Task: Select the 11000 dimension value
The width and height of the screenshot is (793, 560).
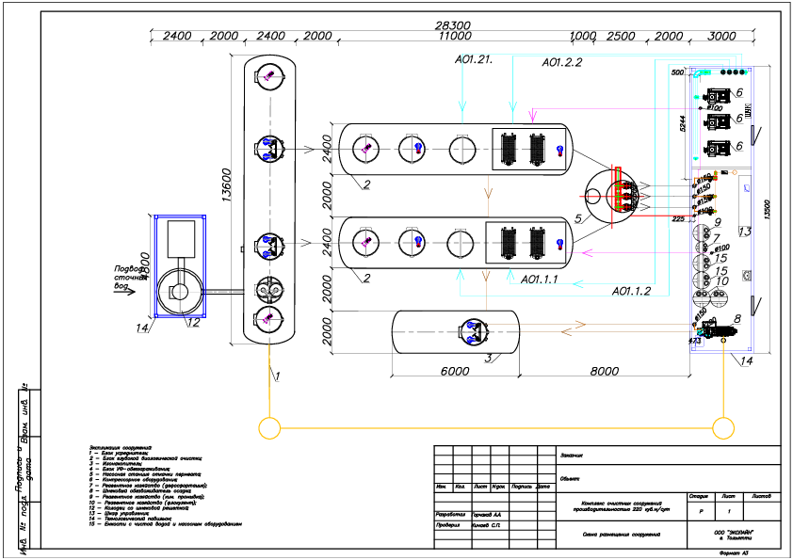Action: (455, 37)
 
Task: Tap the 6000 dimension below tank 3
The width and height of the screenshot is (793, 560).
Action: (454, 372)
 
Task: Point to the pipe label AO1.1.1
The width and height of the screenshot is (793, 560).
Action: (540, 280)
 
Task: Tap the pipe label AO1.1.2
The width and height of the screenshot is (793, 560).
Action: (631, 291)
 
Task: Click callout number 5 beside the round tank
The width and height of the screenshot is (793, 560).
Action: (579, 219)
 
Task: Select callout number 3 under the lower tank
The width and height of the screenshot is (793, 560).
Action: (488, 358)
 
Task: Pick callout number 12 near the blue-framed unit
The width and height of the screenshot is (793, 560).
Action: (192, 323)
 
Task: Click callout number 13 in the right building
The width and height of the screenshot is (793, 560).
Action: (744, 232)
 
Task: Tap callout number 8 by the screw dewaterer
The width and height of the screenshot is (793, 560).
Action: (737, 319)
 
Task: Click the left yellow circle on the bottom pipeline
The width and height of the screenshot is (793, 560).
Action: (269, 428)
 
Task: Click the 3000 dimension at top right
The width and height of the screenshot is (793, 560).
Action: (721, 37)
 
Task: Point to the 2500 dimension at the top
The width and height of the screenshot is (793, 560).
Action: (621, 37)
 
